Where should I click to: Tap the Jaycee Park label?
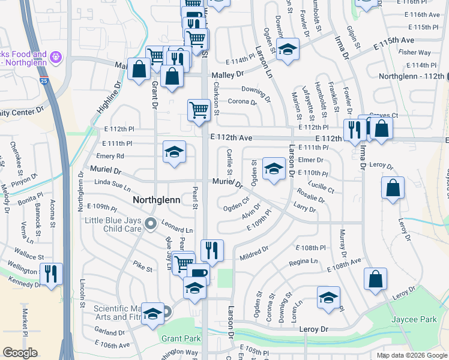point(414,320)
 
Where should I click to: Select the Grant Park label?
point(181,338)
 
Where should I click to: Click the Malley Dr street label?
point(228,75)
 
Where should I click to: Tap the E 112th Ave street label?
point(231,137)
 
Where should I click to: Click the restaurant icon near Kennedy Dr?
point(50,274)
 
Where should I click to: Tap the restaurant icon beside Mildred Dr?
point(211,250)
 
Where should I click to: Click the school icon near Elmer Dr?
point(274,169)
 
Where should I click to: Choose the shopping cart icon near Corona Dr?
point(198,110)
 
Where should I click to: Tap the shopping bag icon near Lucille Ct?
point(393,187)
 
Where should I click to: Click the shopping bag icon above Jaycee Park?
point(375,278)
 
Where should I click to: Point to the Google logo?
point(20,353)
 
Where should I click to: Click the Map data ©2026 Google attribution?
point(411,355)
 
